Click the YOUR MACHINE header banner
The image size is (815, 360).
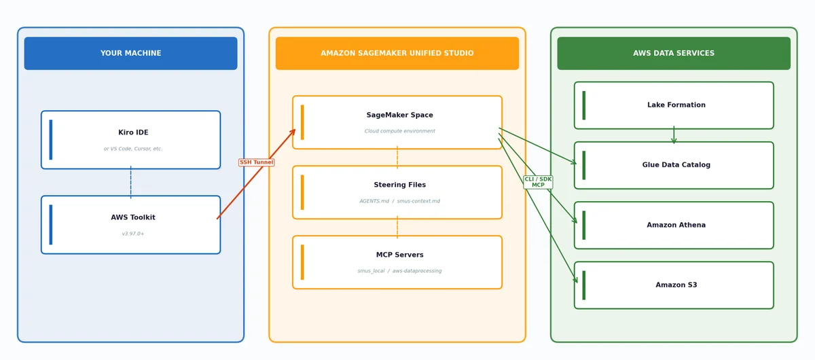click(x=130, y=53)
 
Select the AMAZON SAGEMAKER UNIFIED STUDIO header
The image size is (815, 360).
click(x=397, y=53)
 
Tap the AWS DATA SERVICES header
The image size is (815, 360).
click(x=674, y=53)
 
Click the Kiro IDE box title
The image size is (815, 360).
click(x=133, y=132)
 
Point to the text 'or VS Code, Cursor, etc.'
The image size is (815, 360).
click(x=133, y=149)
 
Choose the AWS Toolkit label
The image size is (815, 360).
click(x=133, y=217)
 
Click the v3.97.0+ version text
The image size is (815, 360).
click(x=133, y=234)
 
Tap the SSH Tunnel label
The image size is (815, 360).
click(x=256, y=162)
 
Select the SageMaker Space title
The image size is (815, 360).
click(x=399, y=115)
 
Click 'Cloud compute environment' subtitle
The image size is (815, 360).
click(x=399, y=131)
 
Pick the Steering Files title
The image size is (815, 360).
click(x=399, y=185)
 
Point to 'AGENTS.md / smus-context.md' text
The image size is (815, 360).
click(x=399, y=201)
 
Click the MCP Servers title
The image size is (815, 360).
click(x=399, y=255)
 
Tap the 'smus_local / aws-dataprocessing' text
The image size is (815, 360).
click(x=399, y=271)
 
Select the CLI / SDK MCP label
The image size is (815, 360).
click(x=538, y=182)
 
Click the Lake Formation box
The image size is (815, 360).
click(x=674, y=105)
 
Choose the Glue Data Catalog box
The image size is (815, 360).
click(x=674, y=165)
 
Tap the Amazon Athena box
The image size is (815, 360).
click(x=674, y=226)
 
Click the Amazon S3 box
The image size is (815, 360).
click(x=674, y=285)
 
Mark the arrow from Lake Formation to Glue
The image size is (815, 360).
click(x=674, y=134)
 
